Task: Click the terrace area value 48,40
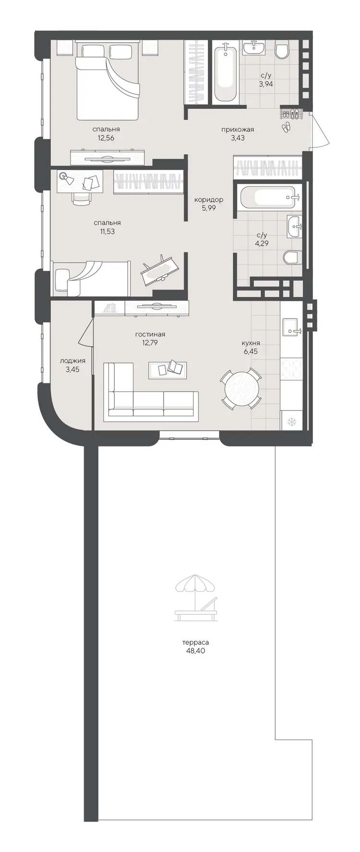(195, 651)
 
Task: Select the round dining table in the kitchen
(241, 389)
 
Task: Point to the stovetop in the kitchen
(291, 369)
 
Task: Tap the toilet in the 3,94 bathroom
(282, 49)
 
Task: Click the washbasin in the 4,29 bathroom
(294, 226)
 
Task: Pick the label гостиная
(150, 334)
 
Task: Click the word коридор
(209, 199)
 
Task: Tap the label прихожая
(238, 129)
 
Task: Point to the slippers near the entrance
(286, 127)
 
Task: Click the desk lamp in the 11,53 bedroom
(66, 179)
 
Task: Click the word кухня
(251, 343)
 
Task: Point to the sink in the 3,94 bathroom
(253, 48)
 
